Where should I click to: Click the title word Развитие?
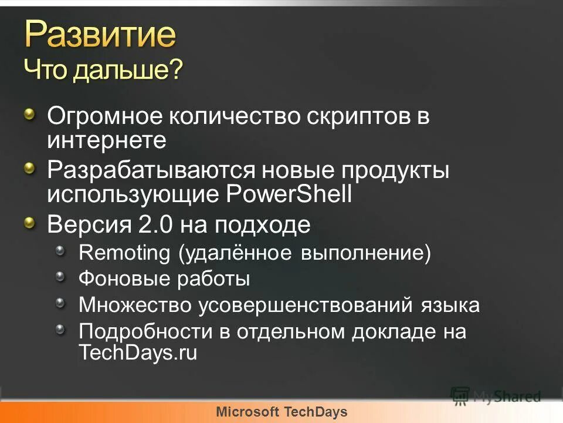click(100, 35)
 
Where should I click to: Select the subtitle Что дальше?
click(103, 71)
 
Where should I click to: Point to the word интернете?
click(107, 140)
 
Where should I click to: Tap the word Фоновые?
click(124, 278)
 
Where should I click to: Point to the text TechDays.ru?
click(138, 352)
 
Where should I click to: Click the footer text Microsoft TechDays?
click(281, 412)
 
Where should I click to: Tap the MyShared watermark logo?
click(496, 395)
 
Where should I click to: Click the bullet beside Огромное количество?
click(30, 114)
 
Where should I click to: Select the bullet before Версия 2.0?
click(30, 222)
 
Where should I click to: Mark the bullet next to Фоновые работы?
click(61, 277)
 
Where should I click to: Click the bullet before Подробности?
click(61, 330)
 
